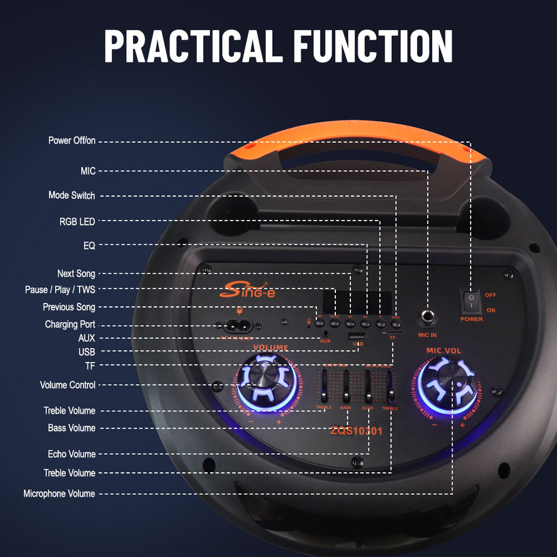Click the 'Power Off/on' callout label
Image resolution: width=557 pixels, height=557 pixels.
point(72,141)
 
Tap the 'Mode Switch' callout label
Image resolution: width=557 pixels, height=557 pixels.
point(72,196)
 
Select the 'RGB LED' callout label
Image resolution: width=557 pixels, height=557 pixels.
point(77,222)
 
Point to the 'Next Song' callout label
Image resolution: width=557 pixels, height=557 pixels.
point(76,274)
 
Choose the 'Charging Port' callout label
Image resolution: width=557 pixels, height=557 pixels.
point(70,324)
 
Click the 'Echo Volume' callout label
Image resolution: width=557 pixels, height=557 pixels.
point(72,454)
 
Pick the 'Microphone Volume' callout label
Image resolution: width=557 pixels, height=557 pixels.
point(59,494)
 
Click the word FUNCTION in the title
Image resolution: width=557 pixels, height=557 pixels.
point(373,46)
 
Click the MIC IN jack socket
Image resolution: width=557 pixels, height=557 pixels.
point(428,318)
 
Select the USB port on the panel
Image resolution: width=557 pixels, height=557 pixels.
point(357,337)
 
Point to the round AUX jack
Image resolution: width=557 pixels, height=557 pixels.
point(325,334)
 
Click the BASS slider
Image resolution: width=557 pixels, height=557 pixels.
point(346,388)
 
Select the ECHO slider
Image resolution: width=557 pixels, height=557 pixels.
point(368,388)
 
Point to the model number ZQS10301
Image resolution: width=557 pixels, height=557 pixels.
point(356,431)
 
